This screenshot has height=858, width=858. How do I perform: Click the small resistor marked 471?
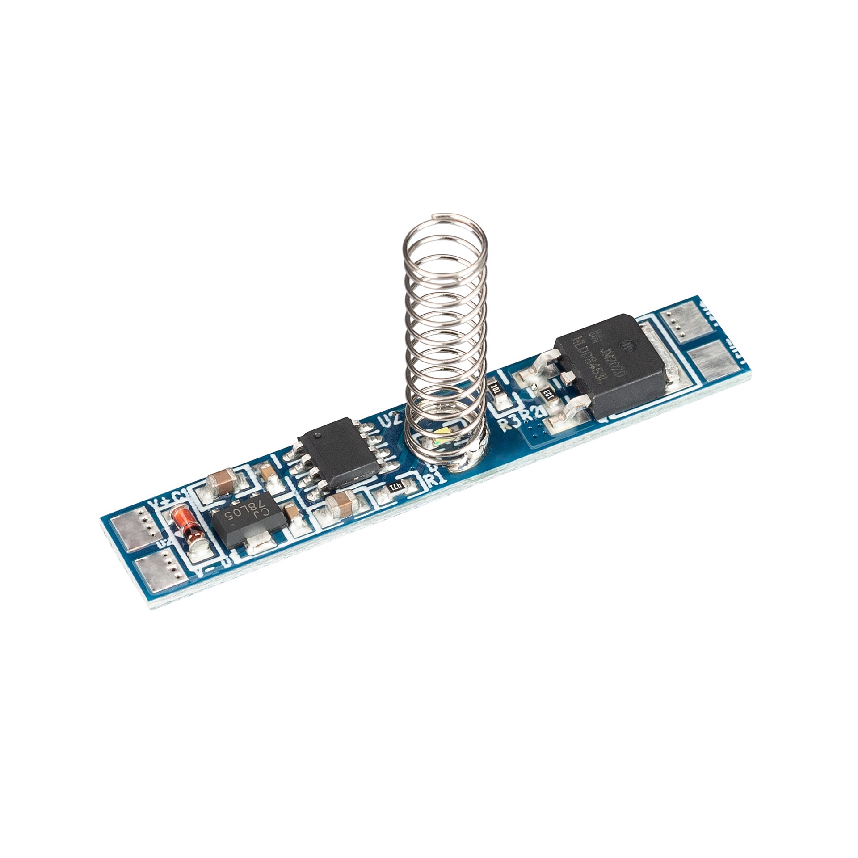(396, 485)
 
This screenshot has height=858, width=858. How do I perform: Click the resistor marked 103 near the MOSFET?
(549, 394)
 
